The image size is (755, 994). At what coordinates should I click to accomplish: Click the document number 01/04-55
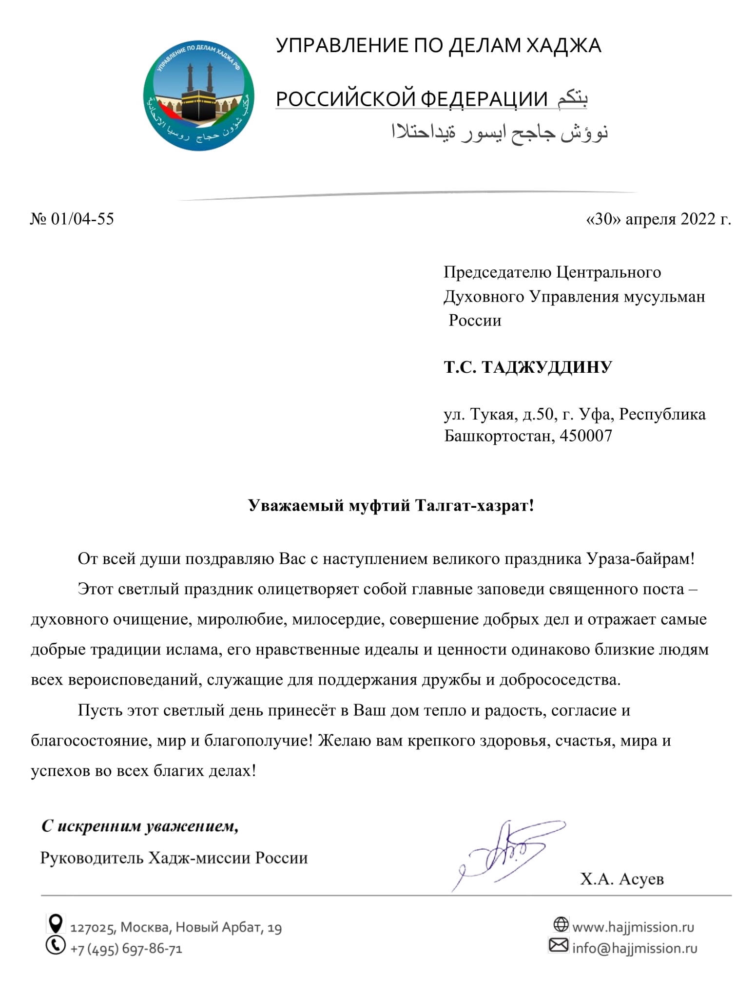click(82, 219)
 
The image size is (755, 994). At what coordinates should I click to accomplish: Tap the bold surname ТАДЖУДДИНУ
click(546, 367)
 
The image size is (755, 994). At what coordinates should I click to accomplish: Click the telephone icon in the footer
click(56, 945)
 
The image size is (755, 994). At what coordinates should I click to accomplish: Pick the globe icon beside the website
click(561, 924)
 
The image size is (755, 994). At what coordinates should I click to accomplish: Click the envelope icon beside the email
click(559, 945)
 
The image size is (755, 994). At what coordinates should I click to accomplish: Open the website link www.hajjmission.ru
click(633, 926)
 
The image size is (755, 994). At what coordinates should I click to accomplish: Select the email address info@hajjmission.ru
click(635, 948)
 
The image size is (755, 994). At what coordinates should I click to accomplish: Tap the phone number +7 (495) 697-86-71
click(126, 949)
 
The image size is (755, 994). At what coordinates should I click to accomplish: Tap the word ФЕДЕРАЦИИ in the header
click(484, 99)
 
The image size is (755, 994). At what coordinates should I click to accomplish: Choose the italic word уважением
click(192, 826)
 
